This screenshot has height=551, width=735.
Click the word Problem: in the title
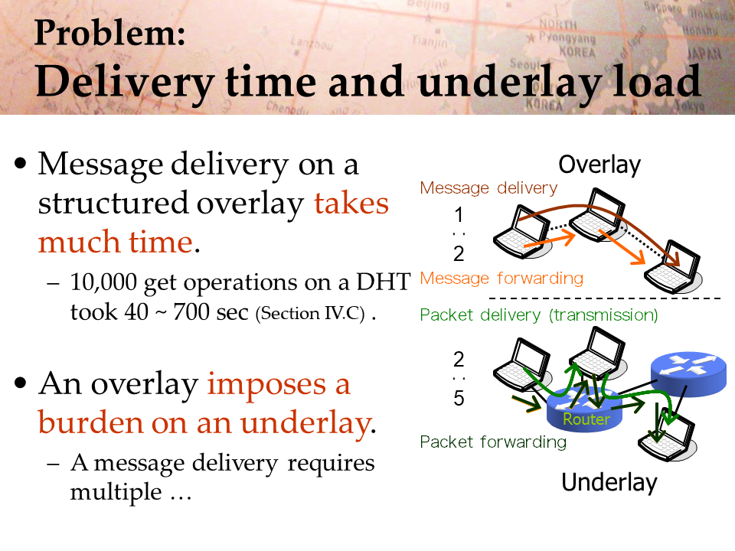pyautogui.click(x=110, y=33)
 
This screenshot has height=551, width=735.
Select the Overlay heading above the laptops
pyautogui.click(x=599, y=165)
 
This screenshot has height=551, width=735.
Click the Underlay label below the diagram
pyautogui.click(x=609, y=483)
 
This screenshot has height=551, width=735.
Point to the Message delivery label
pyautogui.click(x=488, y=188)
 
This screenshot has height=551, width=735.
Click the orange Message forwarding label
pyautogui.click(x=501, y=279)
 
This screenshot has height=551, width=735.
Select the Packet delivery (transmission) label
pyautogui.click(x=539, y=315)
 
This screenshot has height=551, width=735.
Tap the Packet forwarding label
pyautogui.click(x=493, y=442)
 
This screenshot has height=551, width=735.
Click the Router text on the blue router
pyautogui.click(x=586, y=419)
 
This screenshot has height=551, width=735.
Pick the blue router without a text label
pyautogui.click(x=688, y=374)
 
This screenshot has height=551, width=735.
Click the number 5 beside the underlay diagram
pyautogui.click(x=459, y=398)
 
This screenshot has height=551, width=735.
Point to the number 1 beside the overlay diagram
pyautogui.click(x=459, y=215)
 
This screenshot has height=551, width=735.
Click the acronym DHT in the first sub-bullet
pyautogui.click(x=384, y=282)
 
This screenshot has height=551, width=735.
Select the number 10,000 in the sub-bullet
pyautogui.click(x=103, y=283)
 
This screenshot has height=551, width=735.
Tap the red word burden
pyautogui.click(x=91, y=422)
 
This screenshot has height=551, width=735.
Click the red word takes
pyautogui.click(x=351, y=204)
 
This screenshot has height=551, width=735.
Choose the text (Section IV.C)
pyautogui.click(x=310, y=314)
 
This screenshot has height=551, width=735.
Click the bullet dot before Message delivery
pyautogui.click(x=21, y=164)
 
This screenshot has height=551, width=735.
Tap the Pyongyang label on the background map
pyautogui.click(x=567, y=37)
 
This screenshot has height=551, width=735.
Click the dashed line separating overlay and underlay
pyautogui.click(x=605, y=298)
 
